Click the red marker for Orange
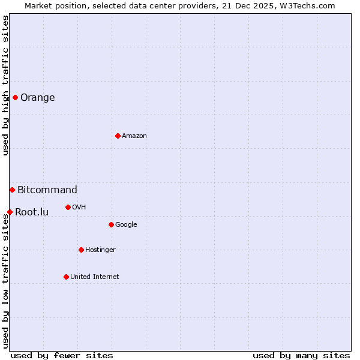[x=15, y=97]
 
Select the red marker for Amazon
[x=118, y=136]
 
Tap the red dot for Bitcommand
[x=12, y=190]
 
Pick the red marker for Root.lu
[x=10, y=212]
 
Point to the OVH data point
[x=68, y=207]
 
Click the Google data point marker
[x=111, y=224]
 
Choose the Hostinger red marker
[x=81, y=250]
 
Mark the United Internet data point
[x=66, y=277]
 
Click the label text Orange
[x=38, y=98]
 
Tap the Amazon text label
[x=134, y=136]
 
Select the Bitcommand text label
[x=47, y=190]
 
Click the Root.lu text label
[x=32, y=212]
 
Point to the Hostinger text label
[x=100, y=250]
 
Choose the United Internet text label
[x=95, y=277]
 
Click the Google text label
[x=126, y=225]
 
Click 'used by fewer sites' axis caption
[x=62, y=355]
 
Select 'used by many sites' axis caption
[x=301, y=355]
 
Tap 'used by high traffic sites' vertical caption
[x=5, y=85]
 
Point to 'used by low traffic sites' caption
[x=5, y=281]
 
